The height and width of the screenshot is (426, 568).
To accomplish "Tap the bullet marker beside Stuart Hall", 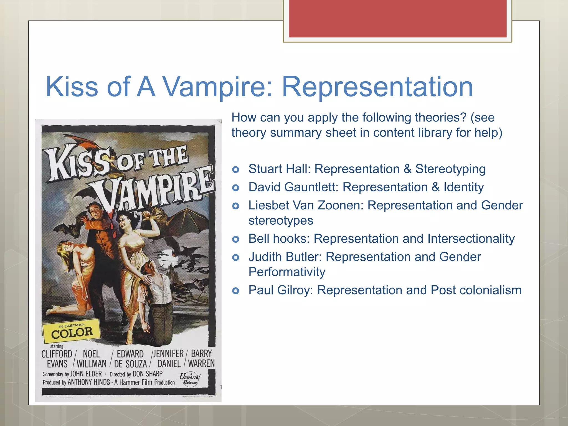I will click(236, 169).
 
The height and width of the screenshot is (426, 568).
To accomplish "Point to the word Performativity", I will click(287, 272).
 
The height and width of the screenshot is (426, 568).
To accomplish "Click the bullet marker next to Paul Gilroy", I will click(236, 291).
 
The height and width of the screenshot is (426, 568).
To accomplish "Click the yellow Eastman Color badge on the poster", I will click(72, 331).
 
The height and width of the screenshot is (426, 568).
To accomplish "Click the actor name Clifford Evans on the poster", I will click(57, 359).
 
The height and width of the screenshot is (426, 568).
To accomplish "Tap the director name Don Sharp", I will click(147, 374).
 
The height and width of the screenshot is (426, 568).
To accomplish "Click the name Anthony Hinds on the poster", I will click(89, 382).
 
